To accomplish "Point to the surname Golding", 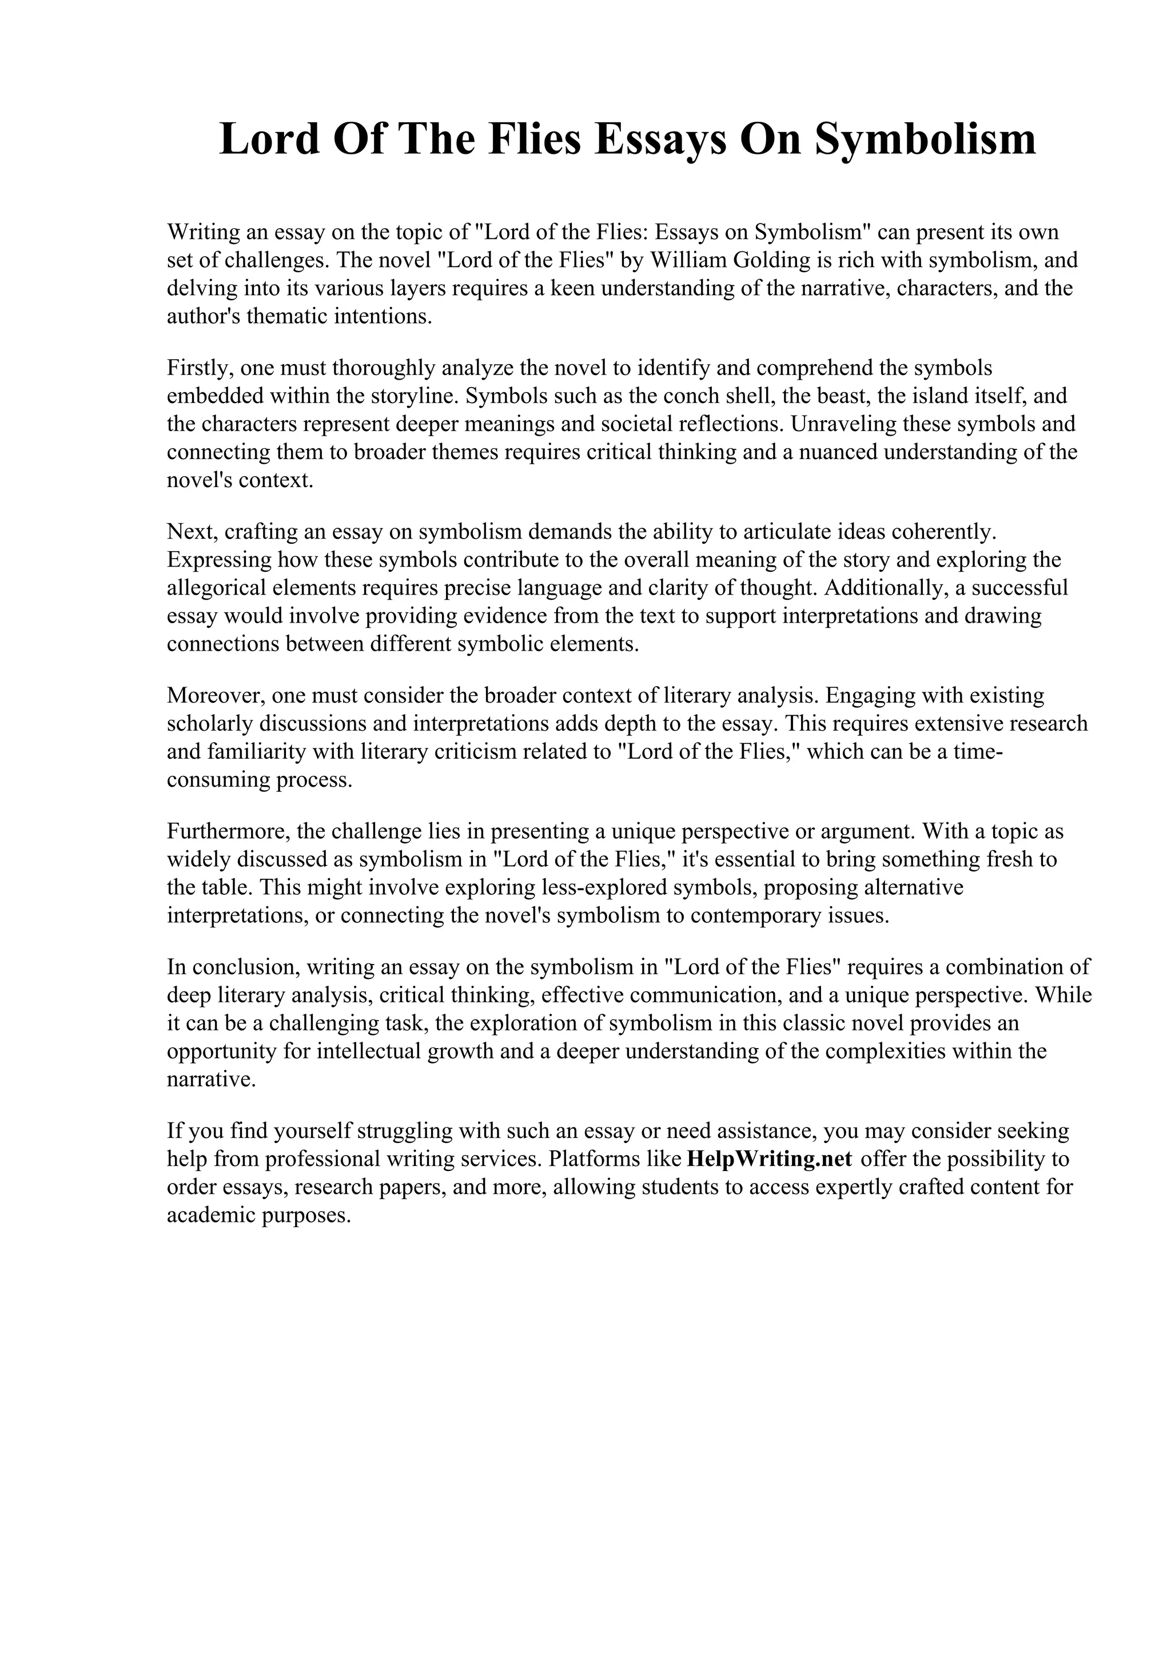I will tap(779, 260).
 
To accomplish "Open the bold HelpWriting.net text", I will tap(769, 1159).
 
